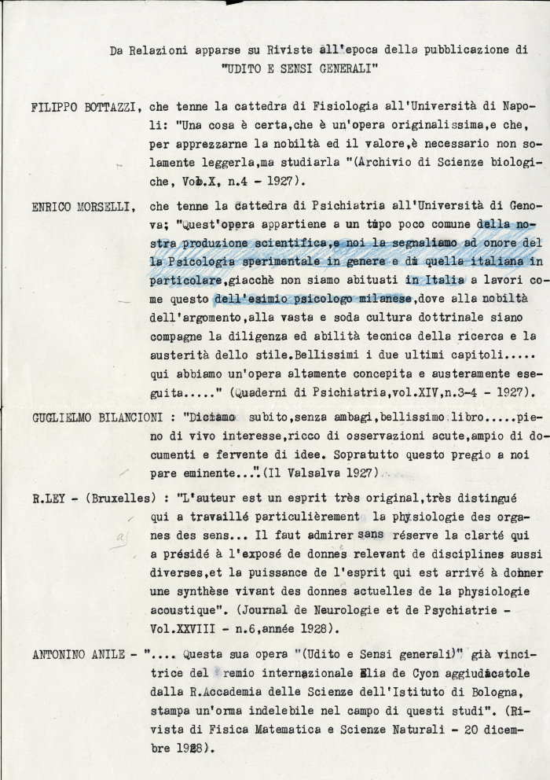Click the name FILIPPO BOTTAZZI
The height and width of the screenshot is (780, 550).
coord(86,107)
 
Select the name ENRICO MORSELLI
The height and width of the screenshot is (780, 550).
coord(84,208)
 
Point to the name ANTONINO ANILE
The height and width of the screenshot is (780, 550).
coord(81,653)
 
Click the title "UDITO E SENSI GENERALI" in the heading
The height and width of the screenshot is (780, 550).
coord(300,68)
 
